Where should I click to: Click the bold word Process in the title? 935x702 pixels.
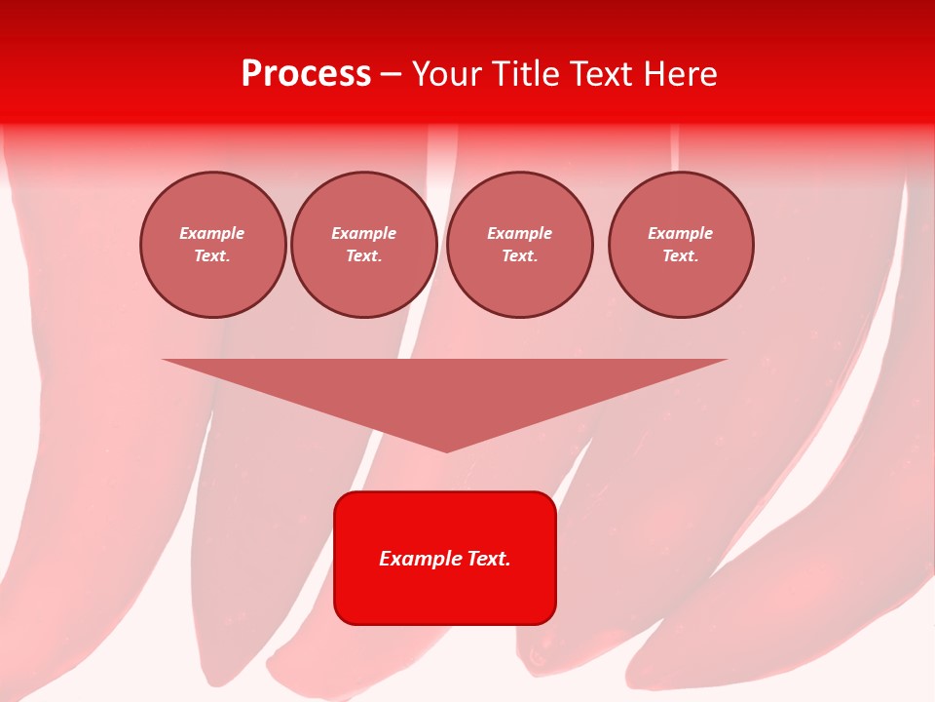coord(306,74)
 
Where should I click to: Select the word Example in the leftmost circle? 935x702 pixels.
coord(212,233)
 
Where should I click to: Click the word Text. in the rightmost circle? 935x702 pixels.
coord(681,256)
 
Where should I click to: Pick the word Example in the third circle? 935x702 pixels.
coord(519,233)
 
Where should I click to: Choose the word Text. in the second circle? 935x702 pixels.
coord(364,256)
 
